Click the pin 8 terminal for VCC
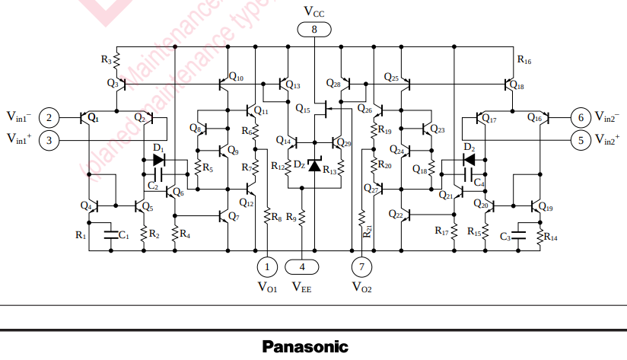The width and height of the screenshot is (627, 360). pyautogui.click(x=315, y=29)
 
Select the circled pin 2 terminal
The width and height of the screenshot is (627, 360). pyautogui.click(x=49, y=117)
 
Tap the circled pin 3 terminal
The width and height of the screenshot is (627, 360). pyautogui.click(x=49, y=140)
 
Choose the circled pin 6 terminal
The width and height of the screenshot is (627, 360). pyautogui.click(x=581, y=117)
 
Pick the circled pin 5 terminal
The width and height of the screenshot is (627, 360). pyautogui.click(x=581, y=140)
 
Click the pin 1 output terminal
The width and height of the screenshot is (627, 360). pyautogui.click(x=268, y=266)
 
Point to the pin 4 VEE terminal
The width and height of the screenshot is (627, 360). pyautogui.click(x=303, y=266)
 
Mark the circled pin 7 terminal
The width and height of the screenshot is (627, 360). pyautogui.click(x=361, y=266)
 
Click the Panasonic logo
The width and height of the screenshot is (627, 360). pyautogui.click(x=305, y=347)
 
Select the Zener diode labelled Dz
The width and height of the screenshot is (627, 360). pyautogui.click(x=313, y=164)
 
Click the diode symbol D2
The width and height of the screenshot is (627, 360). pyautogui.click(x=469, y=160)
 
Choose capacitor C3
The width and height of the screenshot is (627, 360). pyautogui.click(x=519, y=232)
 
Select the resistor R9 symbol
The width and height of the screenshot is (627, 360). pyautogui.click(x=303, y=218)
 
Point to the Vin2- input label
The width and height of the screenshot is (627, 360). pyautogui.click(x=607, y=116)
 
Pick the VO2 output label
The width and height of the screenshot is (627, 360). pyautogui.click(x=362, y=288)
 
